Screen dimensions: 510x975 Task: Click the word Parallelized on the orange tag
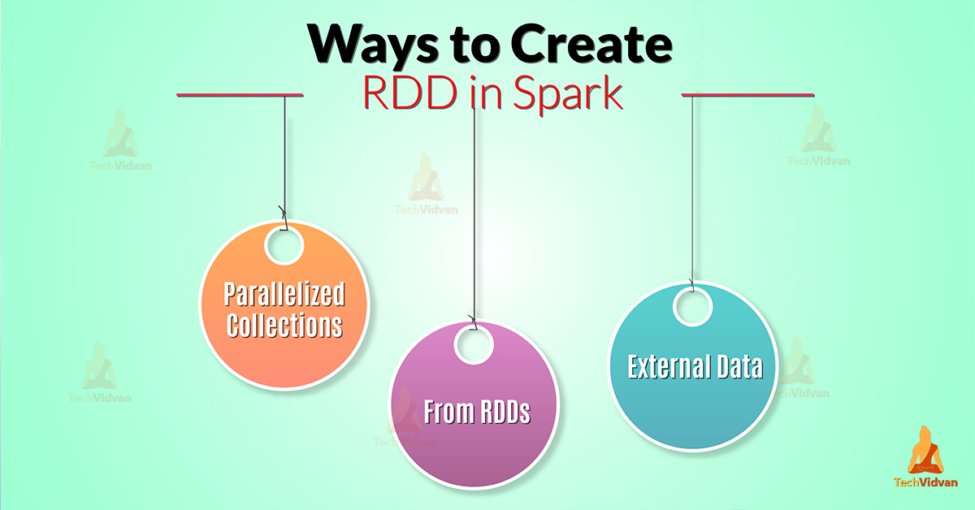pos(284,294)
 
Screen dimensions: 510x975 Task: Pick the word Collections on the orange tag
pos(284,325)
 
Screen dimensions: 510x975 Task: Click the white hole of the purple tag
pos(474,344)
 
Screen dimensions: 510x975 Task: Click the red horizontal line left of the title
pos(240,96)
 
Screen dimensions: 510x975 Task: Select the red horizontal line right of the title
pos(747,96)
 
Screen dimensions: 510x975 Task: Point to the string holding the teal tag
pos(692,187)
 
